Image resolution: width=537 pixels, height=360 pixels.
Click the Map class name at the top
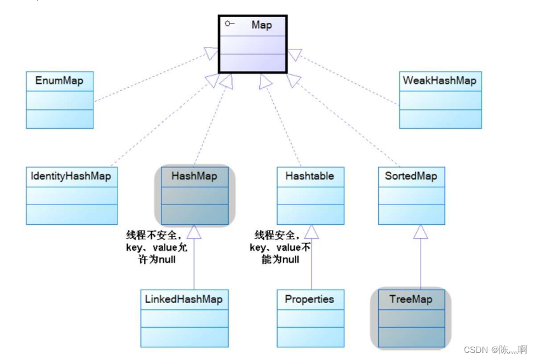point(261,25)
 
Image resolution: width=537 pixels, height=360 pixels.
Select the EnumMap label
point(59,81)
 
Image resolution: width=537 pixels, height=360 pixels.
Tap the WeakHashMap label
point(438,81)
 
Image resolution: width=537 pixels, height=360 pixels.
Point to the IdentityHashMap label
point(71,177)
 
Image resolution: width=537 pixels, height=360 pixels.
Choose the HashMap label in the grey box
point(194,177)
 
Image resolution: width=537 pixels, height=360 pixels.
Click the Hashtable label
point(310,177)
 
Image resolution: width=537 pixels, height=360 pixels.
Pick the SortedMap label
point(411,177)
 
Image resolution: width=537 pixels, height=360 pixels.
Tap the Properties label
point(309,299)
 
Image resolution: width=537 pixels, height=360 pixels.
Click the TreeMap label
point(411,299)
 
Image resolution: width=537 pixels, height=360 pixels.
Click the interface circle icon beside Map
point(229,23)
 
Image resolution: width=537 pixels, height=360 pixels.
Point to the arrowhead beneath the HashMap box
point(194,232)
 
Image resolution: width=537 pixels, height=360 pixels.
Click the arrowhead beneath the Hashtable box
point(311,232)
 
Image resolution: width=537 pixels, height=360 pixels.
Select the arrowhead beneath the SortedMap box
point(420,232)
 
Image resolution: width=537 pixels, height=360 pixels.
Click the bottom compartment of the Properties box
point(310,337)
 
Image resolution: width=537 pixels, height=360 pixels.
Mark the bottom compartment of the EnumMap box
point(59,119)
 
